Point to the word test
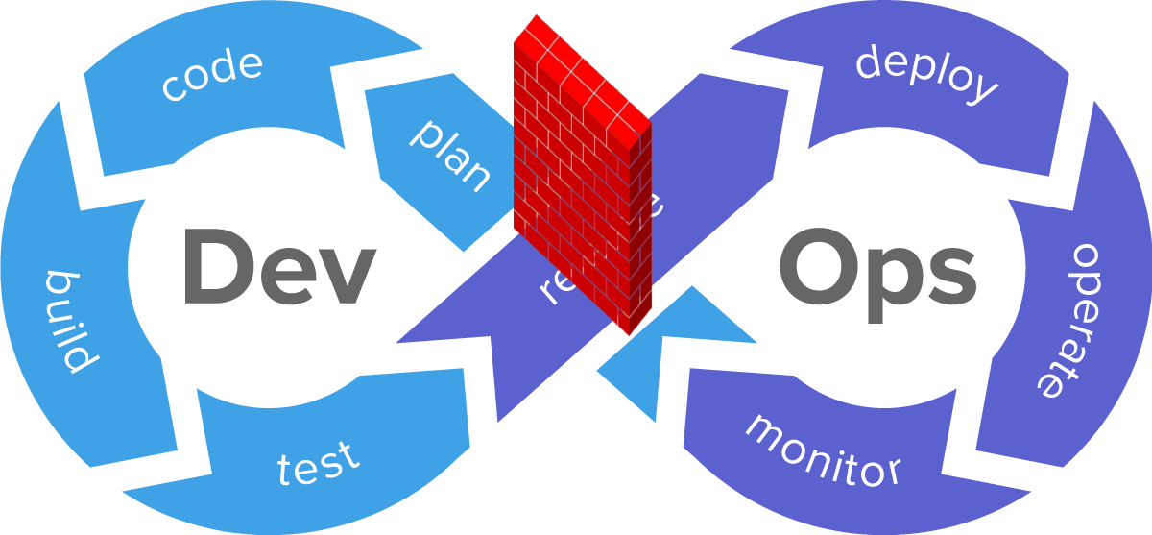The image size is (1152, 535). point(319,463)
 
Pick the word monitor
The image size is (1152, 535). point(823,450)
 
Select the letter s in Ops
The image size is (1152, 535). point(945,279)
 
